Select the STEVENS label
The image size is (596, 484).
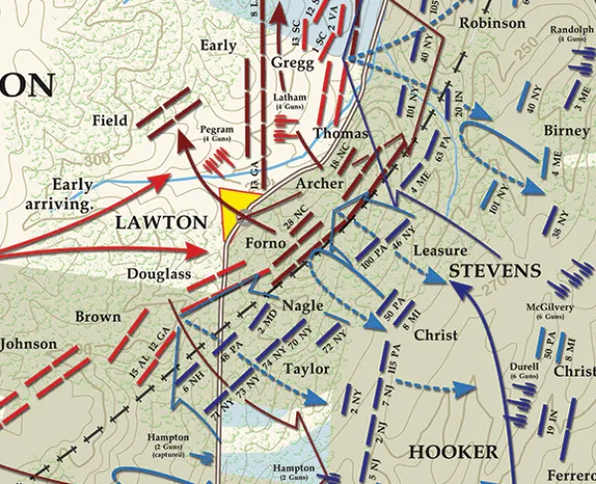pyautogui.click(x=494, y=270)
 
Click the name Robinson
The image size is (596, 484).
pyautogui.click(x=494, y=23)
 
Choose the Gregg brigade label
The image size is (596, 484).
pyautogui.click(x=291, y=63)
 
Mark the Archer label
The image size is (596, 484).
pyautogui.click(x=319, y=184)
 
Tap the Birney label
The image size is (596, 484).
pyautogui.click(x=566, y=131)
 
